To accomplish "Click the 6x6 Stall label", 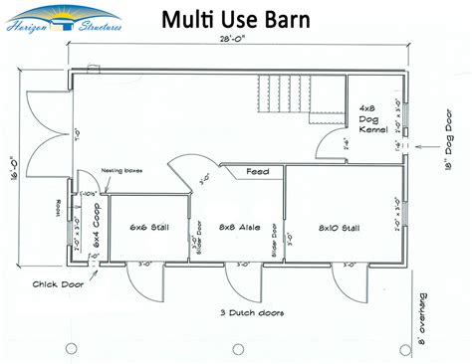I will pos(149,228).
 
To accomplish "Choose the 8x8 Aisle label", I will pos(241,228).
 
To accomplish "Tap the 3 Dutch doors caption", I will pos(251,313).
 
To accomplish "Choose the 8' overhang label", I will pos(429,317).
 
